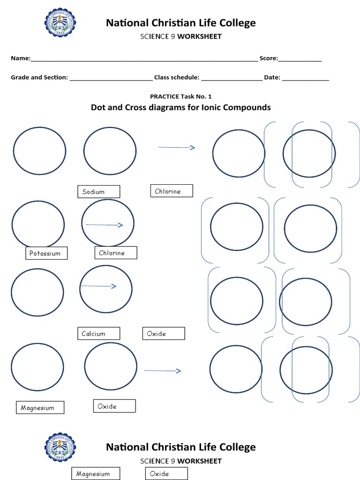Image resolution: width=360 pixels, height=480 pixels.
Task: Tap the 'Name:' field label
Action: click(21, 59)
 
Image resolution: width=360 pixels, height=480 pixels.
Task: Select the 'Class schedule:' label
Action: click(177, 77)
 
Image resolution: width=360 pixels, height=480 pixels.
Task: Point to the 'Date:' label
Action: click(272, 77)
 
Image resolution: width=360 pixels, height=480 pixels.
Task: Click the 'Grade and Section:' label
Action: click(39, 77)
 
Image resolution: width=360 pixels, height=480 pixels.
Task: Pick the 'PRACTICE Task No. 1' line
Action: click(180, 97)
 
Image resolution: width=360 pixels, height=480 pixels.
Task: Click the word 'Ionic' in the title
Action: click(211, 107)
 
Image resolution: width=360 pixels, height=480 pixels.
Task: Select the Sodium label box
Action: click(98, 191)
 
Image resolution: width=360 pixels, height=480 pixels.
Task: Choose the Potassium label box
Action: click(45, 253)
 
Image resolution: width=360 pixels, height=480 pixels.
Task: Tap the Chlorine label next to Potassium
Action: click(116, 253)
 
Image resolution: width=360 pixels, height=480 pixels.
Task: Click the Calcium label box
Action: click(98, 334)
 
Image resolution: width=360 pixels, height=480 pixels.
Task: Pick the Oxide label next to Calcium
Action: click(163, 333)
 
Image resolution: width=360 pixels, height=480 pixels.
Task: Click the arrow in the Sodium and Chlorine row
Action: click(176, 147)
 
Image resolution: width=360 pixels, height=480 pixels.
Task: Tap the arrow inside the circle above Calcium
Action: click(98, 286)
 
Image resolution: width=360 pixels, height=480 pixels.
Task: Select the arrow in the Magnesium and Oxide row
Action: click(162, 371)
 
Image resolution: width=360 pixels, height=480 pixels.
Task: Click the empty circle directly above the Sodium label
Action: click(110, 151)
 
